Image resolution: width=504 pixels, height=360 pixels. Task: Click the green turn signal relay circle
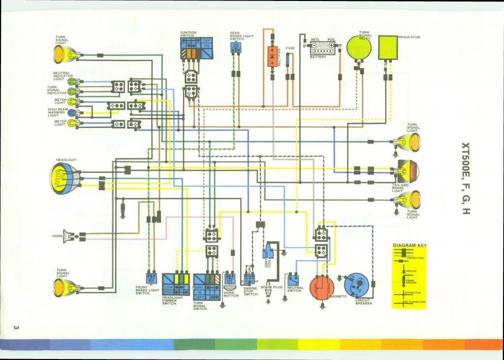coord(359,47)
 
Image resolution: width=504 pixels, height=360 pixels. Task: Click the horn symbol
coord(71,237)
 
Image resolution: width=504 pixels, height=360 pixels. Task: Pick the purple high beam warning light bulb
coord(71,112)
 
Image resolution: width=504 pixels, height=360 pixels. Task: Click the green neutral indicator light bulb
coord(71,81)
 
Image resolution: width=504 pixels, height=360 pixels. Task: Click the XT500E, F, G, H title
coord(465,179)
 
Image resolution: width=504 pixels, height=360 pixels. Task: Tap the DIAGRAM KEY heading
coord(409,245)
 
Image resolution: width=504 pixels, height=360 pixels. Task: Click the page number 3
coord(16,328)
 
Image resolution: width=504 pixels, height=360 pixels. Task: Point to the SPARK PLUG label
coord(268,287)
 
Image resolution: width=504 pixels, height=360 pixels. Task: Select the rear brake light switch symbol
coord(236,46)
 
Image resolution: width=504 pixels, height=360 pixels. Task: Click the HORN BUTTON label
coord(231,293)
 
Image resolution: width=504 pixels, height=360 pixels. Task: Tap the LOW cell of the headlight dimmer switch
coord(168,286)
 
